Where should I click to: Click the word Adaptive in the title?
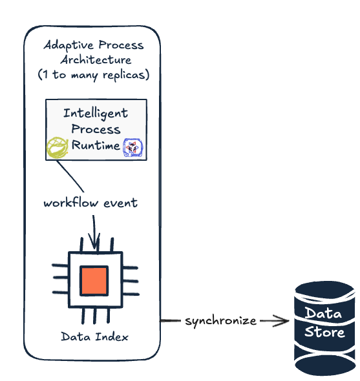69,45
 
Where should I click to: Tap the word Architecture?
96,60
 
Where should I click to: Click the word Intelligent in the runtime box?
96,114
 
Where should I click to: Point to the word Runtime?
96,145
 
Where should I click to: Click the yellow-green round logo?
58,147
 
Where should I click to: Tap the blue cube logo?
132,147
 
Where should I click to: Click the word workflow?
71,202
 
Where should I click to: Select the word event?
121,203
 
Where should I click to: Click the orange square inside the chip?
94,281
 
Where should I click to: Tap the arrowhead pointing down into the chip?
94,243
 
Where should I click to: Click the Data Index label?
94,337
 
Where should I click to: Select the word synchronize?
220,321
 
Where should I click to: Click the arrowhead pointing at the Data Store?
282,321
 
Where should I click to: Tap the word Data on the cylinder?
324,313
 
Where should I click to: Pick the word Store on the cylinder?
324,332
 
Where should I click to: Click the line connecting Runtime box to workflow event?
70,176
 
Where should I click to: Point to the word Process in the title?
121,45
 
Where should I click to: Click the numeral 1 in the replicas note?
45,74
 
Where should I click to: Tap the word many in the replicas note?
85,76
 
